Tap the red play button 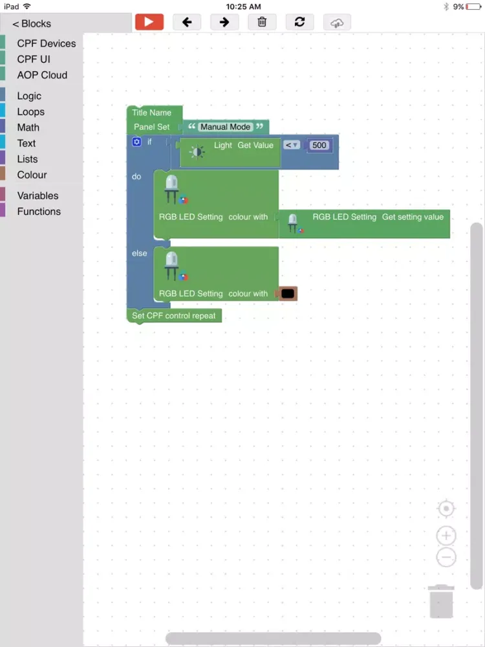click(149, 21)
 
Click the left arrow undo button click(187, 21)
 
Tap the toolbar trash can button click(262, 21)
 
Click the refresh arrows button click(299, 21)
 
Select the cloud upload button click(337, 22)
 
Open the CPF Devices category click(46, 43)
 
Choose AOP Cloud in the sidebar click(42, 75)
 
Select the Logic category click(29, 96)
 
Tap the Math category click(28, 127)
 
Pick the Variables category click(38, 195)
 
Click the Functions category click(39, 212)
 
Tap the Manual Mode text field click(225, 127)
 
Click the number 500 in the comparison click(319, 146)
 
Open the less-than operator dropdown click(292, 146)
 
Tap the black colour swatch click(288, 294)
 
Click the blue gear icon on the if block click(136, 142)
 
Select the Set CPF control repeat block click(174, 316)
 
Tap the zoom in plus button click(446, 536)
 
